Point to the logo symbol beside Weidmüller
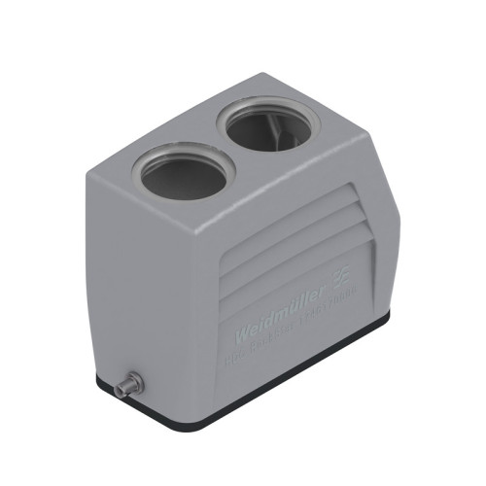[342, 280]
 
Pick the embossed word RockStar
[282, 336]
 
